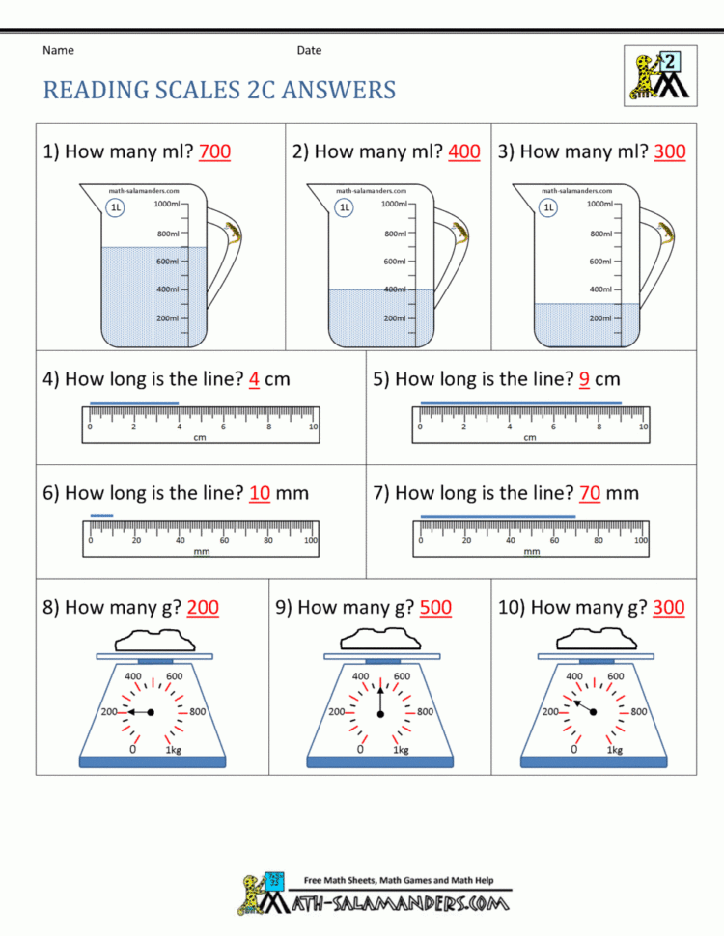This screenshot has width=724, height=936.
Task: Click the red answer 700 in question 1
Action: [214, 151]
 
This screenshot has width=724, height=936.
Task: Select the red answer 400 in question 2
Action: [464, 151]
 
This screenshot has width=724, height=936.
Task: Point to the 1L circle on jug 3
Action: [548, 206]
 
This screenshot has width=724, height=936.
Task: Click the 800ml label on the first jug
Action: [167, 234]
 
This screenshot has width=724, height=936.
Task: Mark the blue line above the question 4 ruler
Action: [133, 402]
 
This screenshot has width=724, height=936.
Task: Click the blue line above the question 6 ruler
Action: [101, 516]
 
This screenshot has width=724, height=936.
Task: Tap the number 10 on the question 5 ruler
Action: [643, 427]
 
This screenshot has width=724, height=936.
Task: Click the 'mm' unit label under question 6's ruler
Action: [202, 552]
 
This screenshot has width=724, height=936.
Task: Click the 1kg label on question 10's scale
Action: [614, 749]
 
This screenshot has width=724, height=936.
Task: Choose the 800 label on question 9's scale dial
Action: [425, 712]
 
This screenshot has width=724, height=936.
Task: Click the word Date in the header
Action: [309, 50]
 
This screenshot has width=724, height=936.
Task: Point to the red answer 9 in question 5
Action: [585, 379]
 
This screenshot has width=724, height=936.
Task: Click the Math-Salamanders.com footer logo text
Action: [404, 903]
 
